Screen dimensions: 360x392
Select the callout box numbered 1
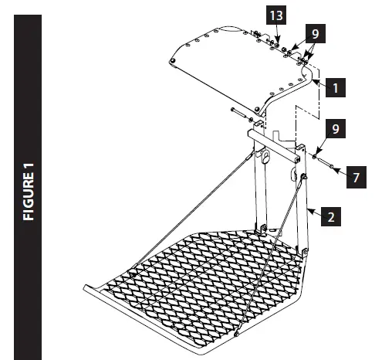[x=333, y=88]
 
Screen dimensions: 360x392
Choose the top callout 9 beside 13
[x=313, y=35]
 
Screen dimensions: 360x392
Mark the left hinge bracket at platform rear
[x=262, y=228]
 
